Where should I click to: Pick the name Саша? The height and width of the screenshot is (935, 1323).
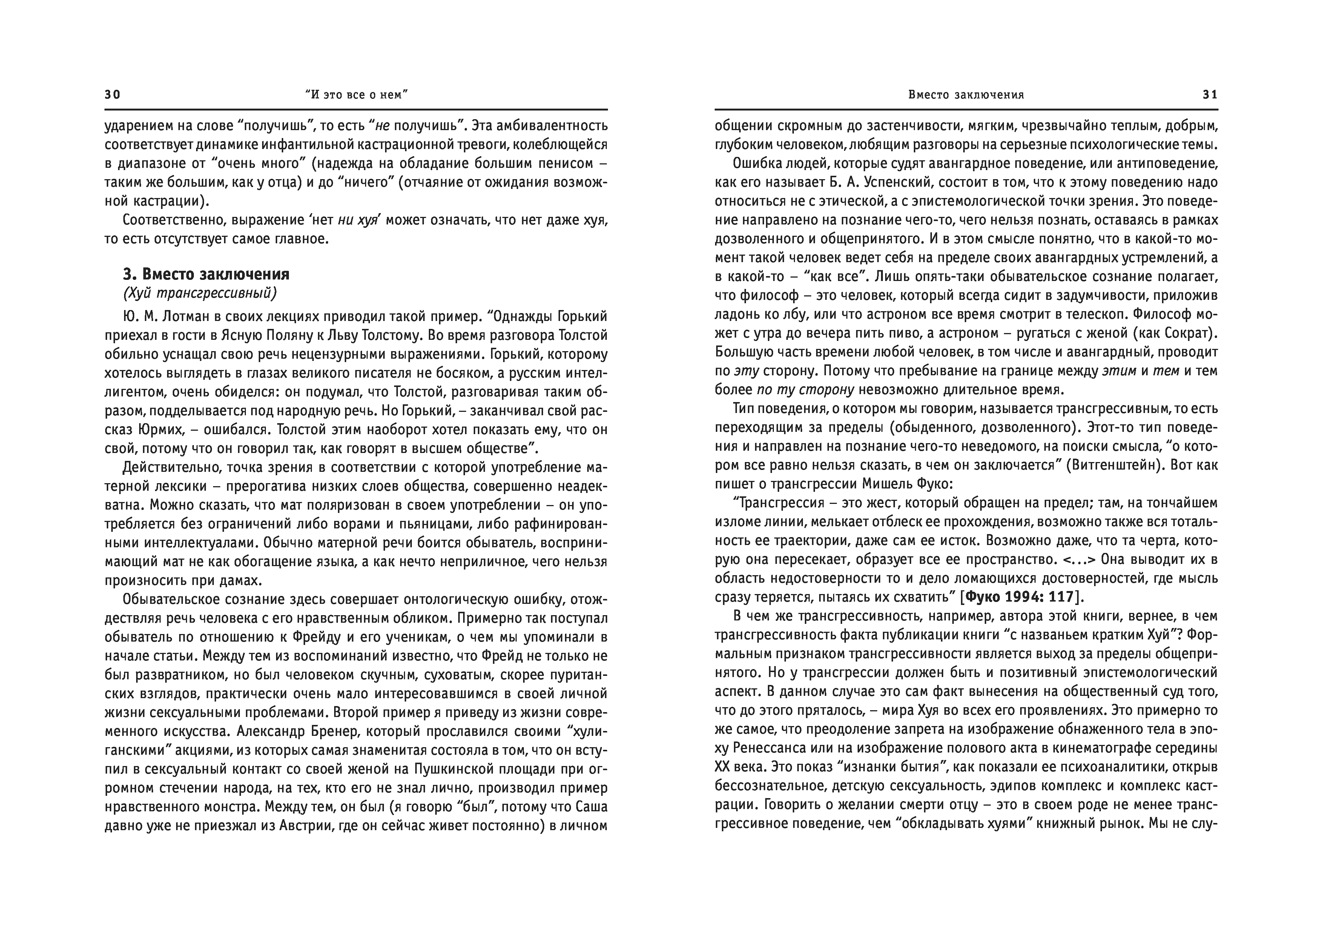point(591,806)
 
